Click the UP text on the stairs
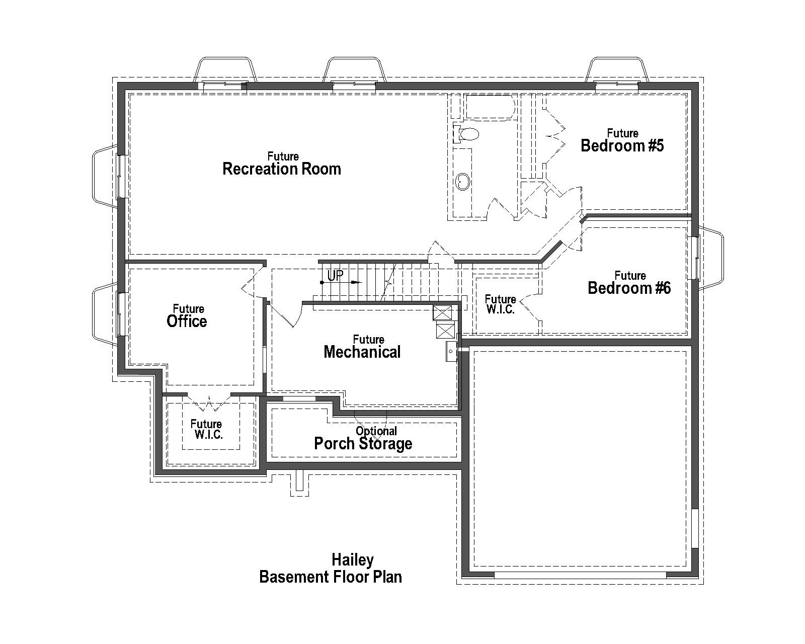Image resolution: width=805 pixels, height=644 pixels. pos(335,276)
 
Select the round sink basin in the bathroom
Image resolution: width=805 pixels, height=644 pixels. pos(462,181)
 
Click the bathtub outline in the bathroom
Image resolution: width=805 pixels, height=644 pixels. pos(488,107)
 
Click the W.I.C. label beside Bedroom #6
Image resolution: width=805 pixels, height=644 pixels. pos(500,305)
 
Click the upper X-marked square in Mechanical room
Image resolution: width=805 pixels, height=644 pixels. pos(443,313)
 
